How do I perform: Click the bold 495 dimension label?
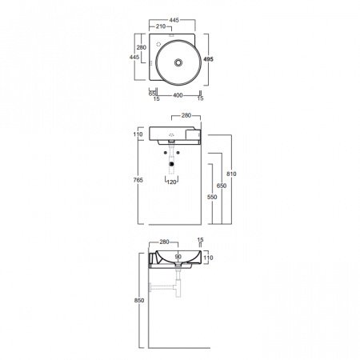click(x=208, y=59)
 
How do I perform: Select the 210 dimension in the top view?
click(x=161, y=26)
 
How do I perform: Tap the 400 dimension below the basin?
click(x=178, y=95)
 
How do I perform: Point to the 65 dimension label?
click(x=152, y=94)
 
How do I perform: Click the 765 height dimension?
click(x=138, y=180)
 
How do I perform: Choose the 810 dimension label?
click(x=231, y=174)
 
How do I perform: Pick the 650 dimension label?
click(x=222, y=186)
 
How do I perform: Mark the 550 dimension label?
click(x=212, y=197)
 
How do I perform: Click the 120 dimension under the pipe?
click(x=172, y=182)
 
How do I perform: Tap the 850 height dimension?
click(x=139, y=300)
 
